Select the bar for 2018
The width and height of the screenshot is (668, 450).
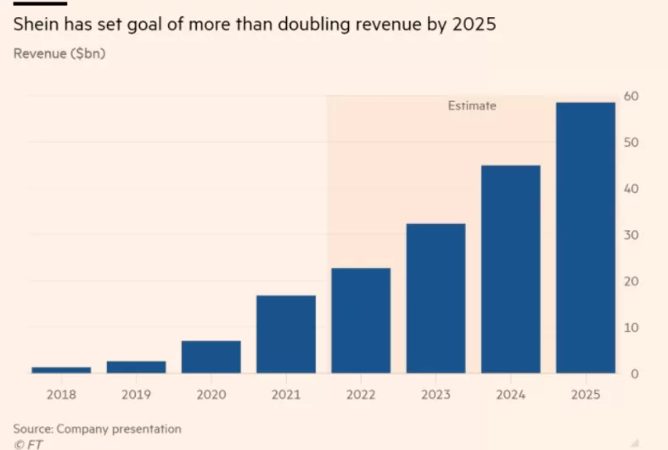point(61,370)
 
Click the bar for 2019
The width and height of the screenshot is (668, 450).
point(137,367)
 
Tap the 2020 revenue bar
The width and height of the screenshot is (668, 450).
point(211,357)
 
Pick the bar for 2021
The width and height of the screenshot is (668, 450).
point(286,334)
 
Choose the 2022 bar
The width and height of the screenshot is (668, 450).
point(361,320)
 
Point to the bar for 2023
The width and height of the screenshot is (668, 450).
point(435,298)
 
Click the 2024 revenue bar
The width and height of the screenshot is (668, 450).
point(511,269)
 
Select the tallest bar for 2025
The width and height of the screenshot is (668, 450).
point(586,238)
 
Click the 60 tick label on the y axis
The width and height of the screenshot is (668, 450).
point(632,96)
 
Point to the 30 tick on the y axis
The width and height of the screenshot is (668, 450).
point(632,235)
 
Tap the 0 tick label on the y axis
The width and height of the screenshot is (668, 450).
point(635,374)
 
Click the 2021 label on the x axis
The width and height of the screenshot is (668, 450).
point(286,395)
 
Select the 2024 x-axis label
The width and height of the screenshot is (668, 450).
point(511,395)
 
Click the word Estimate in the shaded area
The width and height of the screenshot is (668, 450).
point(472,105)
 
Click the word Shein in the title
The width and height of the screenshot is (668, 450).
point(36,24)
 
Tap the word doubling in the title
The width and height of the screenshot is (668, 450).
point(314,25)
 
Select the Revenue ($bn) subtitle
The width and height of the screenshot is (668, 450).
point(59,53)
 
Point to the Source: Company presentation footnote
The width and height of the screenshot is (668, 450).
point(97,429)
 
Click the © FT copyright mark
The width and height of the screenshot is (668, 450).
point(28,445)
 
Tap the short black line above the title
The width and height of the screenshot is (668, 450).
point(40,4)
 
